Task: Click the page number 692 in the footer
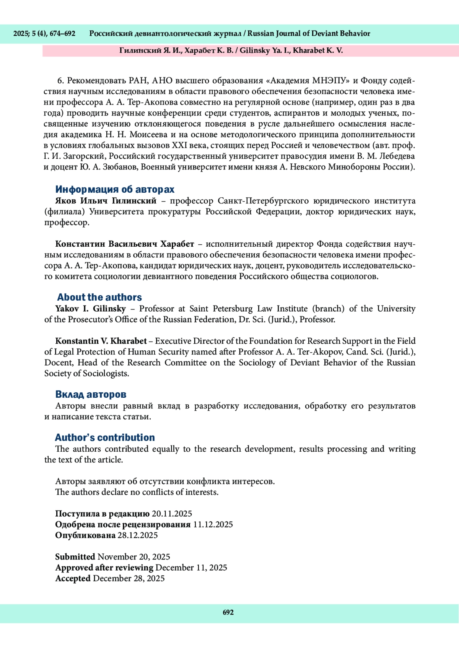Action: [228, 612]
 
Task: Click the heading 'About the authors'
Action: [99, 297]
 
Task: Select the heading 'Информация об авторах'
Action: [115, 189]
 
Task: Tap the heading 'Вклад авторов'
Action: [91, 394]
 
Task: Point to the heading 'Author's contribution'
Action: [105, 438]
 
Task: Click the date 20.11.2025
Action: [172, 514]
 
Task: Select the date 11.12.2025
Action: [213, 524]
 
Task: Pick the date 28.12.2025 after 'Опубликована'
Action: [137, 535]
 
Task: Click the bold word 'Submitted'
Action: [75, 557]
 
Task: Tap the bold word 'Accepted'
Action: [73, 578]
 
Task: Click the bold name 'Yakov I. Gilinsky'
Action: [90, 309]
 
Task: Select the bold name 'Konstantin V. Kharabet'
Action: [101, 341]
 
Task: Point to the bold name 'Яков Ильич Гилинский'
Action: [106, 201]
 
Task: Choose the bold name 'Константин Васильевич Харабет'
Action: [125, 244]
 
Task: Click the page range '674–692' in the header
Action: [62, 34]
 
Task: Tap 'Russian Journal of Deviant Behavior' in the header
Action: [309, 34]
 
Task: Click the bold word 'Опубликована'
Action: [85, 535]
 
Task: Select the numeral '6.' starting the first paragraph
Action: [60, 81]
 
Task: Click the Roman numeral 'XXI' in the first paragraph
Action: [179, 145]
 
